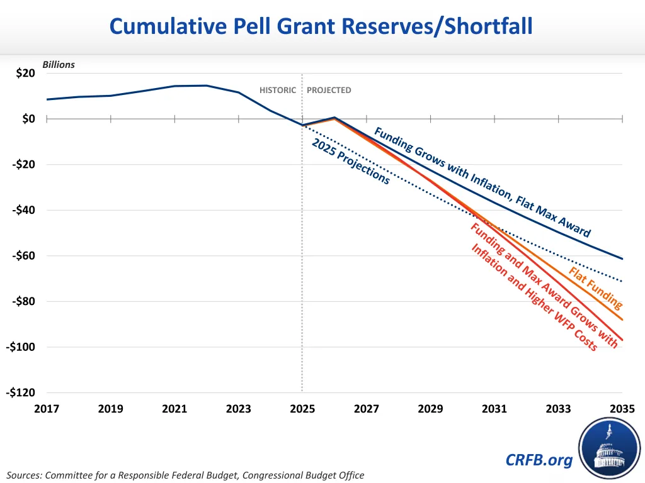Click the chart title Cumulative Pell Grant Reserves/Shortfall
tap(321, 26)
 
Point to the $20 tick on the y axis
tap(25, 73)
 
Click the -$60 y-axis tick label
tap(23, 256)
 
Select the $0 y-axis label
tap(28, 119)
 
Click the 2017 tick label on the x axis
tap(47, 409)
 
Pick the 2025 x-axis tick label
tap(302, 409)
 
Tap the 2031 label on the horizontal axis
tap(494, 409)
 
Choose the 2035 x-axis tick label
tap(622, 409)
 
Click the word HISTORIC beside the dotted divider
tap(278, 90)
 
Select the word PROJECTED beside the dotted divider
tap(329, 90)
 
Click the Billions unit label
tap(59, 64)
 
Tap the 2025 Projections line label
tap(351, 161)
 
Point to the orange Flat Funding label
tap(595, 288)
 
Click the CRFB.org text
tap(539, 460)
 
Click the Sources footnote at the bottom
tap(185, 475)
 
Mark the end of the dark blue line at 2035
tap(622, 258)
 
